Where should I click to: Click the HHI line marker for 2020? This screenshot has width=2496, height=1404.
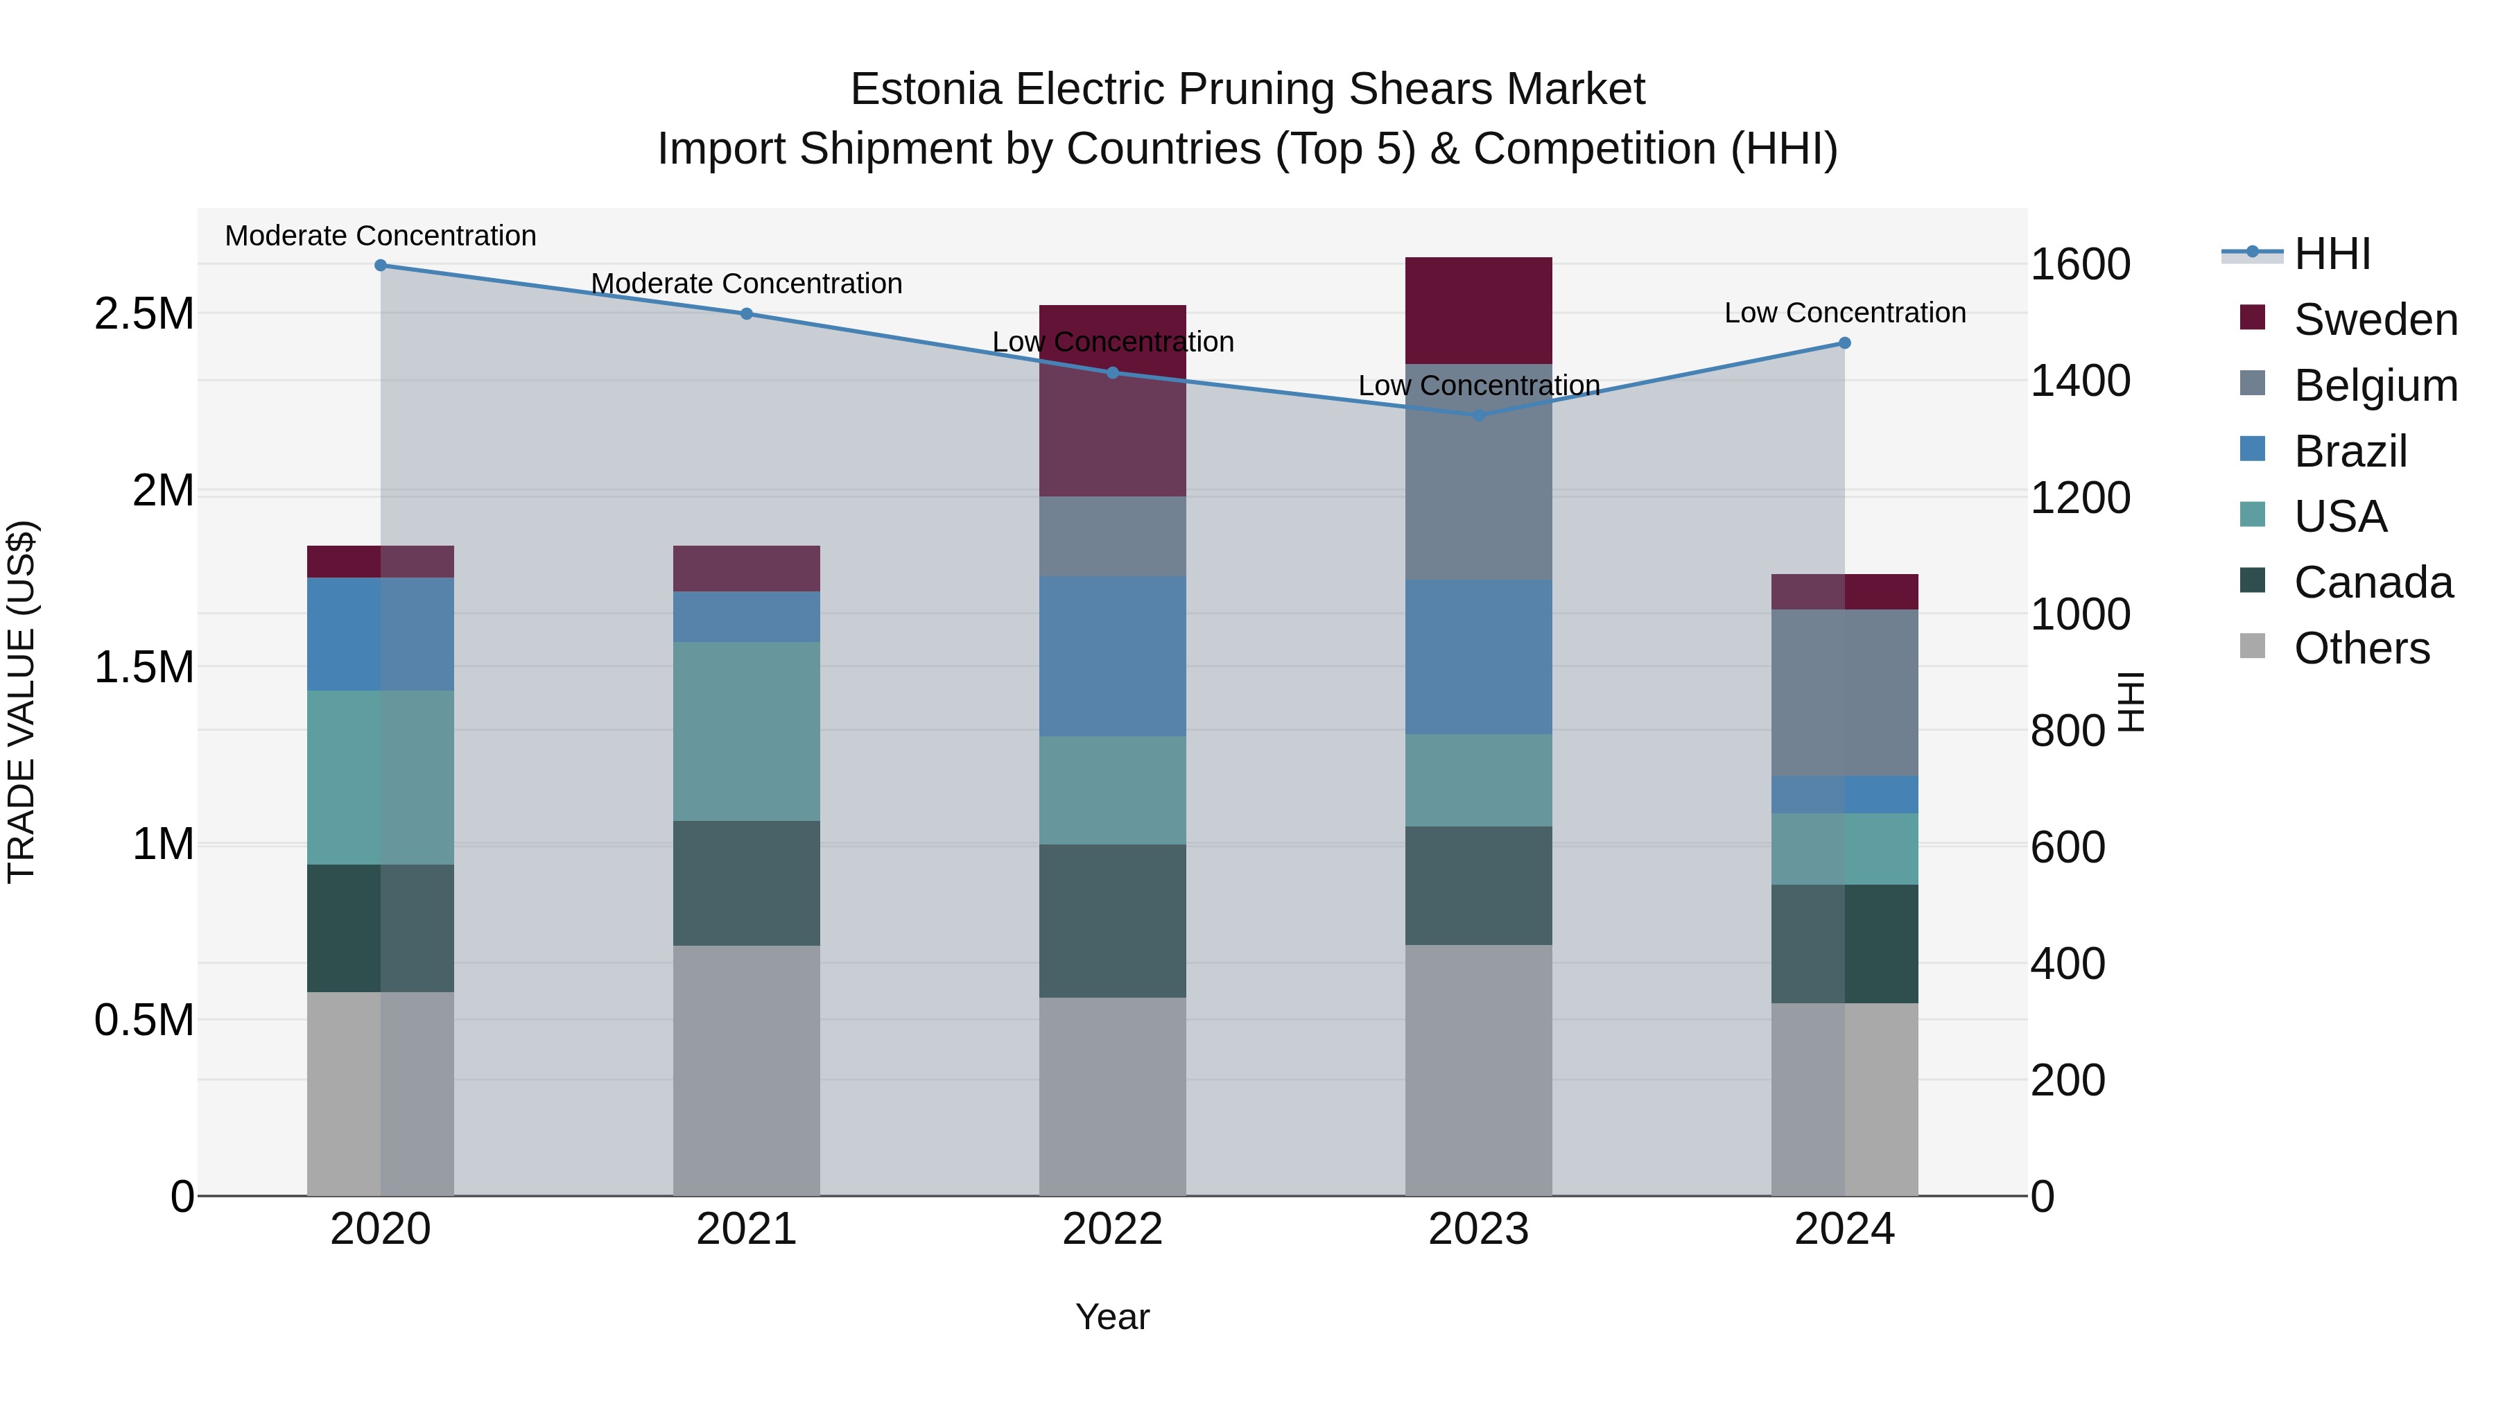381,266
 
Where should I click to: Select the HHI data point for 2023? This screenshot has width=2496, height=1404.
1479,416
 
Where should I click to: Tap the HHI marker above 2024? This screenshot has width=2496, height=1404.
1845,343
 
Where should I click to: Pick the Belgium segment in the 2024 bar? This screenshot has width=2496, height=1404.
1845,693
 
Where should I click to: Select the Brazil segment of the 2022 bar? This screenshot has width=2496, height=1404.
1112,657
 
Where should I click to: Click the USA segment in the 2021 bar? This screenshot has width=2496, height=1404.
746,731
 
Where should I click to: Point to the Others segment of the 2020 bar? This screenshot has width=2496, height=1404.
381,1094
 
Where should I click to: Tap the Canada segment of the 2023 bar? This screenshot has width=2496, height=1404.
1479,885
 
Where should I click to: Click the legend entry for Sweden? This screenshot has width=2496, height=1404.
2375,320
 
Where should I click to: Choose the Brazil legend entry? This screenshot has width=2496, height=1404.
2350,451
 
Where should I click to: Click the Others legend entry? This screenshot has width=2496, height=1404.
2361,648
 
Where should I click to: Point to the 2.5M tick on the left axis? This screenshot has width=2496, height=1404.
144,314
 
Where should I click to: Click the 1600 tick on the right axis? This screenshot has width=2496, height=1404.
2080,265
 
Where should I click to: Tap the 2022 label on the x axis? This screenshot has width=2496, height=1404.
1112,1229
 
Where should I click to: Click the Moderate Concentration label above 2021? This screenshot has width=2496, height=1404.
746,284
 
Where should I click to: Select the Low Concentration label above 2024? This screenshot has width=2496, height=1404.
1845,313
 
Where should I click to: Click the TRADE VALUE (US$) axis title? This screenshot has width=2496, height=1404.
22,702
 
